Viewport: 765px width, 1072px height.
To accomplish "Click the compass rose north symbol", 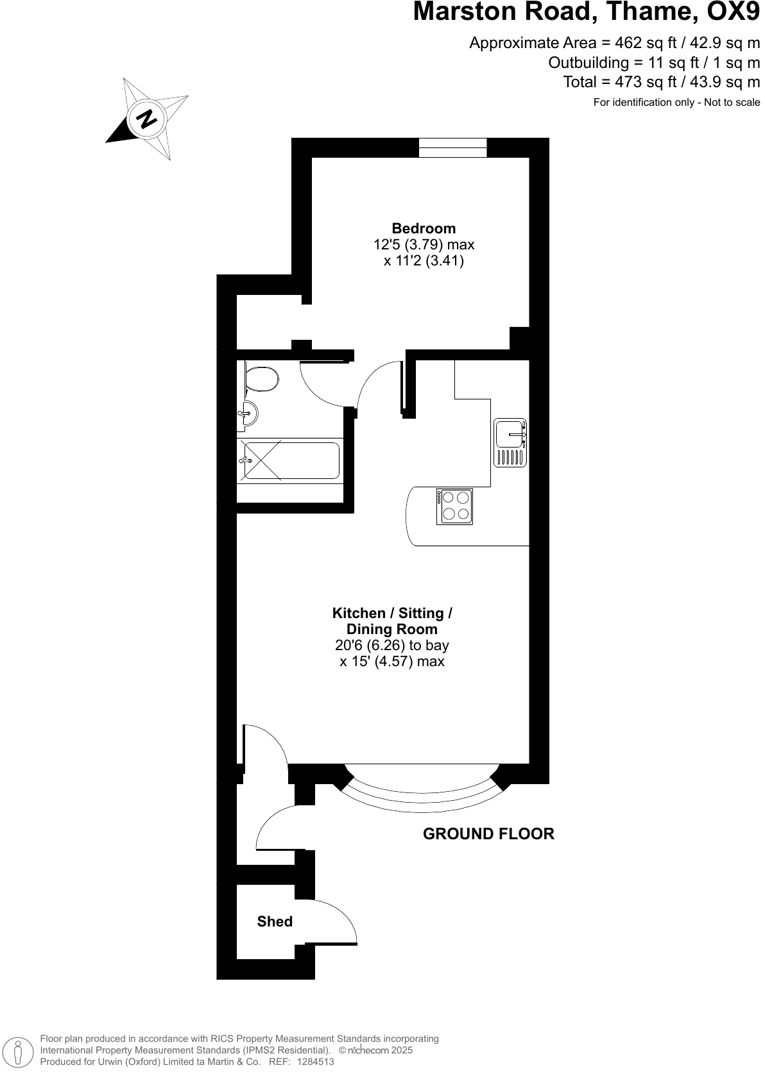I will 147,119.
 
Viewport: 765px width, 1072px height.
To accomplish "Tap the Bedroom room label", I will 424,228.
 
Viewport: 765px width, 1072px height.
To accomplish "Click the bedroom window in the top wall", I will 452,147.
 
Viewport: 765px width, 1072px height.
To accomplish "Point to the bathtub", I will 290,460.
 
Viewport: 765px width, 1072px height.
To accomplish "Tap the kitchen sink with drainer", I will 510,442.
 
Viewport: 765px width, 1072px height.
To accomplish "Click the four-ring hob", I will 454,507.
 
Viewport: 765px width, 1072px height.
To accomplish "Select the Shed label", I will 275,921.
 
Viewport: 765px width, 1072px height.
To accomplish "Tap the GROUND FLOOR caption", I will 488,833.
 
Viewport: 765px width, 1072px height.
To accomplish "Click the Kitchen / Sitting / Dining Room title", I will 392,621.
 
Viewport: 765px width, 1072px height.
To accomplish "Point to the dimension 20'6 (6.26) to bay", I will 392,645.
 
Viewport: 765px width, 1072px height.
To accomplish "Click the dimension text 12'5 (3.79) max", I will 424,244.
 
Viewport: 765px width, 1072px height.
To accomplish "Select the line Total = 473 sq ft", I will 661,82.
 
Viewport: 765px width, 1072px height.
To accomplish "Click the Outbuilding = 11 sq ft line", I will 653,63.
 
